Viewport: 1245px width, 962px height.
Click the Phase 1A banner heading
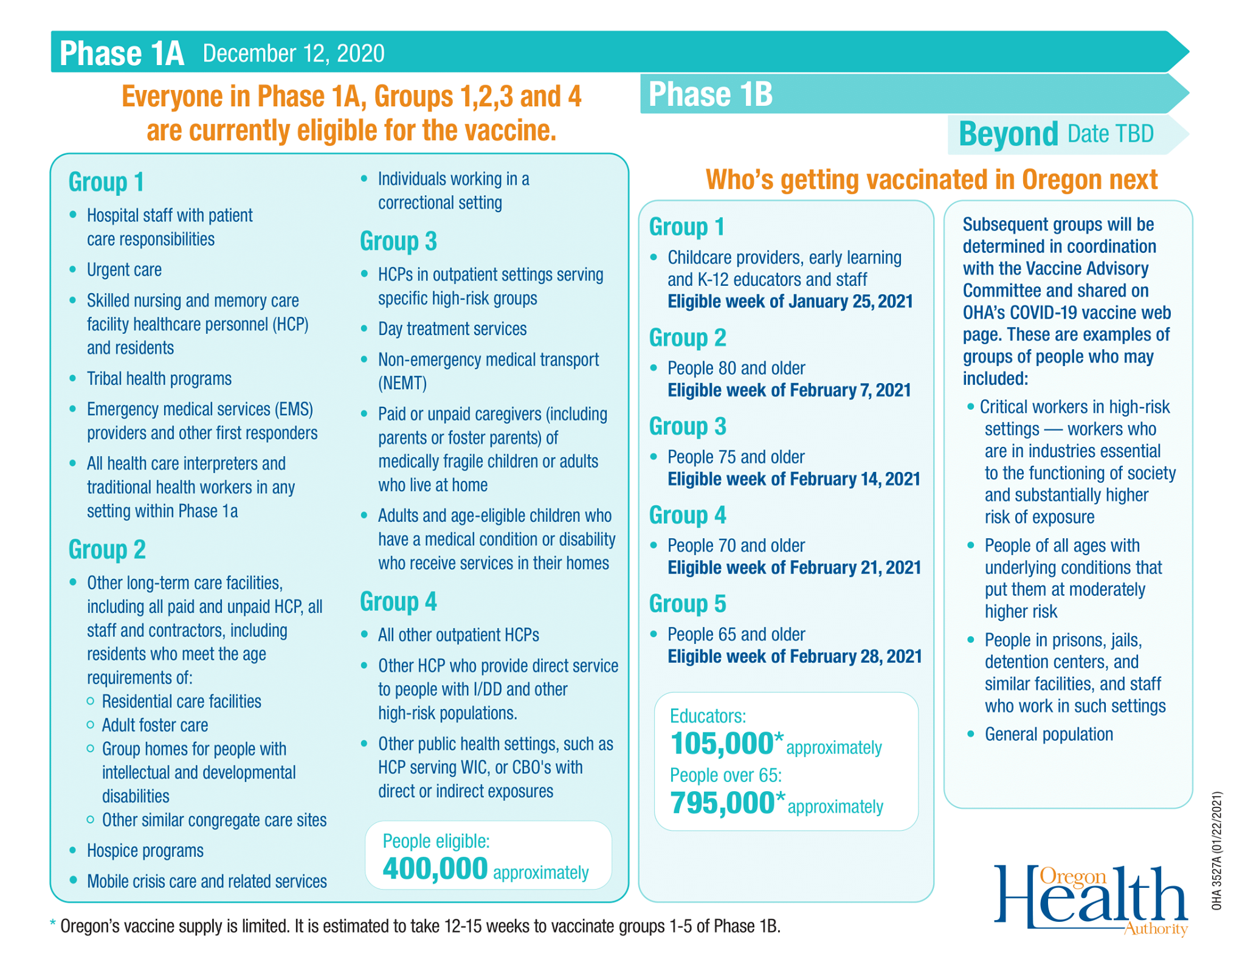pos(122,53)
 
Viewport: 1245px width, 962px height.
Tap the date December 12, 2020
pos(294,54)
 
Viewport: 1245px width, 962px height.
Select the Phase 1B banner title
pos(710,94)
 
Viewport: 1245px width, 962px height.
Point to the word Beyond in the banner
pos(1008,134)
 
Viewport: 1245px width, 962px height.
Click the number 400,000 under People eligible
pos(435,868)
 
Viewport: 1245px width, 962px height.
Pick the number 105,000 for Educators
pos(722,743)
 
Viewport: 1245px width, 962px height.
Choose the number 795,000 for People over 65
pos(722,803)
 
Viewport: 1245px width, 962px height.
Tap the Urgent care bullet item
pos(124,269)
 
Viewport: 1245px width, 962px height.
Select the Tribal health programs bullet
pos(159,378)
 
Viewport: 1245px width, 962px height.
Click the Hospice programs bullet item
pos(145,850)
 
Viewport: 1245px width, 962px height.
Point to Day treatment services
pos(452,328)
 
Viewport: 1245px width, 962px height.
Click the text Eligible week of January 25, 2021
pos(790,302)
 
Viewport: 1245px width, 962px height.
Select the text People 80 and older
pos(736,368)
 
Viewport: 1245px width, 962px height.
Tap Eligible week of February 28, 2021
pos(795,656)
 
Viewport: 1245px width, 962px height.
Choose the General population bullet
pos(1049,734)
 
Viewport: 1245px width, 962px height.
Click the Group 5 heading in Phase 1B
pos(688,604)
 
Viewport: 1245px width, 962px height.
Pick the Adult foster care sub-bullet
pos(155,725)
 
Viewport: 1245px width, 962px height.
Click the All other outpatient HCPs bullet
pos(458,635)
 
